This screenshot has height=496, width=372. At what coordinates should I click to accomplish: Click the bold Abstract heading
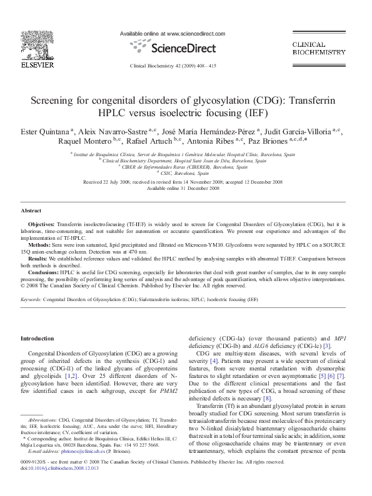coord(31,211)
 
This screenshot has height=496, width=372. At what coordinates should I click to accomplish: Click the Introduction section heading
coord(38,338)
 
